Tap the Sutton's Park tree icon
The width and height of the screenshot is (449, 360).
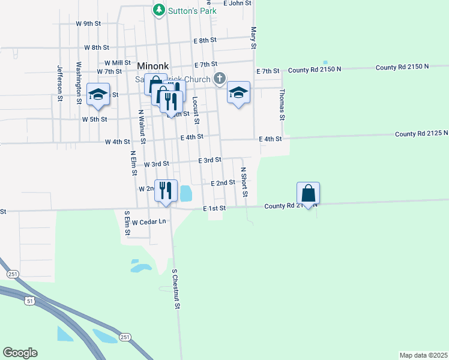[x=158, y=10]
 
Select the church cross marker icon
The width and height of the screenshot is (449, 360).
[x=220, y=78]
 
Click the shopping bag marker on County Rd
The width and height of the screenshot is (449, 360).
[x=308, y=193]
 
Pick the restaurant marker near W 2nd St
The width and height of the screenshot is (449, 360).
[x=166, y=191]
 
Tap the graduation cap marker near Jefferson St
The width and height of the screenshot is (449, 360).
[x=98, y=94]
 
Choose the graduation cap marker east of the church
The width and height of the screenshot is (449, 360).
[x=238, y=92]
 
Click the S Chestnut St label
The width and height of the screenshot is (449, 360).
[x=176, y=289]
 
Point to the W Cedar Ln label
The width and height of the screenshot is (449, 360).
[x=149, y=222]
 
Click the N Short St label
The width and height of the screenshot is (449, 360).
[x=244, y=182]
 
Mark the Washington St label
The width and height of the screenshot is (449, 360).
[x=79, y=82]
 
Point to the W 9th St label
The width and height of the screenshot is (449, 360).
[x=89, y=23]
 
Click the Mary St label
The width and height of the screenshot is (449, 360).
[x=253, y=38]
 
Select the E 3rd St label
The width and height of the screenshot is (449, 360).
[x=210, y=160]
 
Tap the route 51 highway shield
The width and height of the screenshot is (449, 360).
[x=29, y=301]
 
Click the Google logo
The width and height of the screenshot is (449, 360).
[x=20, y=353]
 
